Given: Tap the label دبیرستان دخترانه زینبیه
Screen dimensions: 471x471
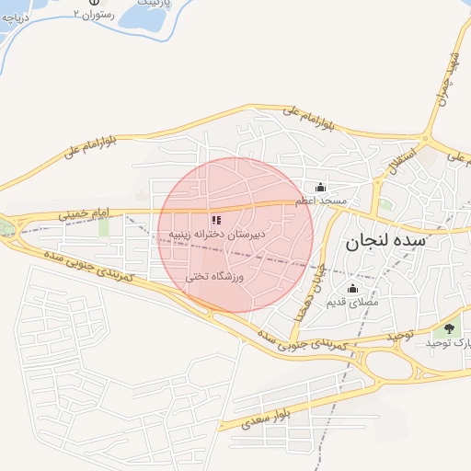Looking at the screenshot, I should click(x=216, y=235).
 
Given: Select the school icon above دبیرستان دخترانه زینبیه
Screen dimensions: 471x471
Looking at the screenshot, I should click(x=216, y=220).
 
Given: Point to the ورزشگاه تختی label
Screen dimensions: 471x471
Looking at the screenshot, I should click(x=215, y=276).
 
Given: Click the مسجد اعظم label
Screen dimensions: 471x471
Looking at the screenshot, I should click(x=321, y=200).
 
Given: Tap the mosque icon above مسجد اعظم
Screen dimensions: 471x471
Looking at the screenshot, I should click(x=320, y=188).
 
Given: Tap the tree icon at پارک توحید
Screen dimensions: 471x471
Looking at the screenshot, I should click(x=449, y=328).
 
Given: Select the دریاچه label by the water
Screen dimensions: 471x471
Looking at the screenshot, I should click(x=17, y=17).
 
